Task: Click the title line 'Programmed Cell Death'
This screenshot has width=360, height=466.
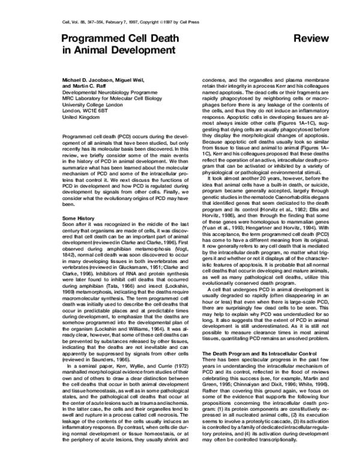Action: click(x=120, y=39)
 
